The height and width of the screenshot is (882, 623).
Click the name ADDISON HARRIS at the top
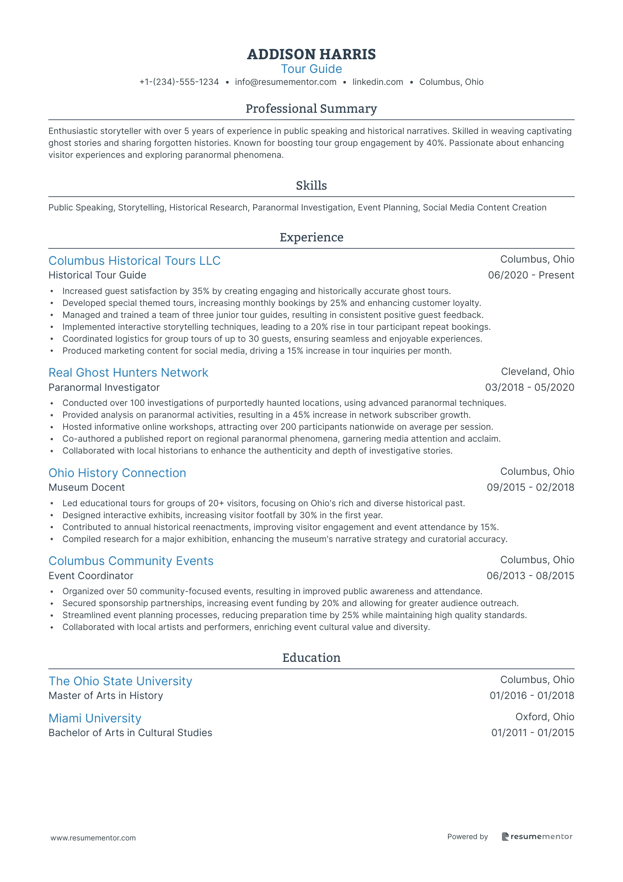coord(311,54)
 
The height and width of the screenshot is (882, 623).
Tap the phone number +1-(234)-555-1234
coord(179,82)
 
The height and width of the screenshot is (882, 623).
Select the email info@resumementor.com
coord(285,82)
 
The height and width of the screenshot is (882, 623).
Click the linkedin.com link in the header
coord(378,82)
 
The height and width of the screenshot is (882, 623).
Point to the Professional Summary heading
coord(311,109)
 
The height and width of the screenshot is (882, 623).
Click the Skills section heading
coord(311,186)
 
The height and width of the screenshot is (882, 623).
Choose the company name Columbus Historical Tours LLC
coord(134,261)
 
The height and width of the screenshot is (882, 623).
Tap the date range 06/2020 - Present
coord(531,275)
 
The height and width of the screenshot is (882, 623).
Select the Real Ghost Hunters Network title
coord(128,373)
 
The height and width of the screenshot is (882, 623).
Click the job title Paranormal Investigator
coord(104,387)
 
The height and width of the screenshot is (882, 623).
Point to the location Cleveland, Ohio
coord(537,371)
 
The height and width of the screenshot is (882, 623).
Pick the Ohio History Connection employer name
coord(117,473)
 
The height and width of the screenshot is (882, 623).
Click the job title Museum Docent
coord(87,487)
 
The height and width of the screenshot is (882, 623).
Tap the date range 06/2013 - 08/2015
coord(530,576)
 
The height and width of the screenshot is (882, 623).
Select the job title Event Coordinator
coord(91,576)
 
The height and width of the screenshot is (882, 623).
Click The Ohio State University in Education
coord(120,681)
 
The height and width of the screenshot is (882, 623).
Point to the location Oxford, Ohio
coord(545,717)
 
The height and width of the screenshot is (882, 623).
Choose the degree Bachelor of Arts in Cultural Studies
coord(130,733)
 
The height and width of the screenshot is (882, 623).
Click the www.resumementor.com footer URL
coord(93,838)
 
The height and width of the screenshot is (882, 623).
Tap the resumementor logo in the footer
coord(537,836)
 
